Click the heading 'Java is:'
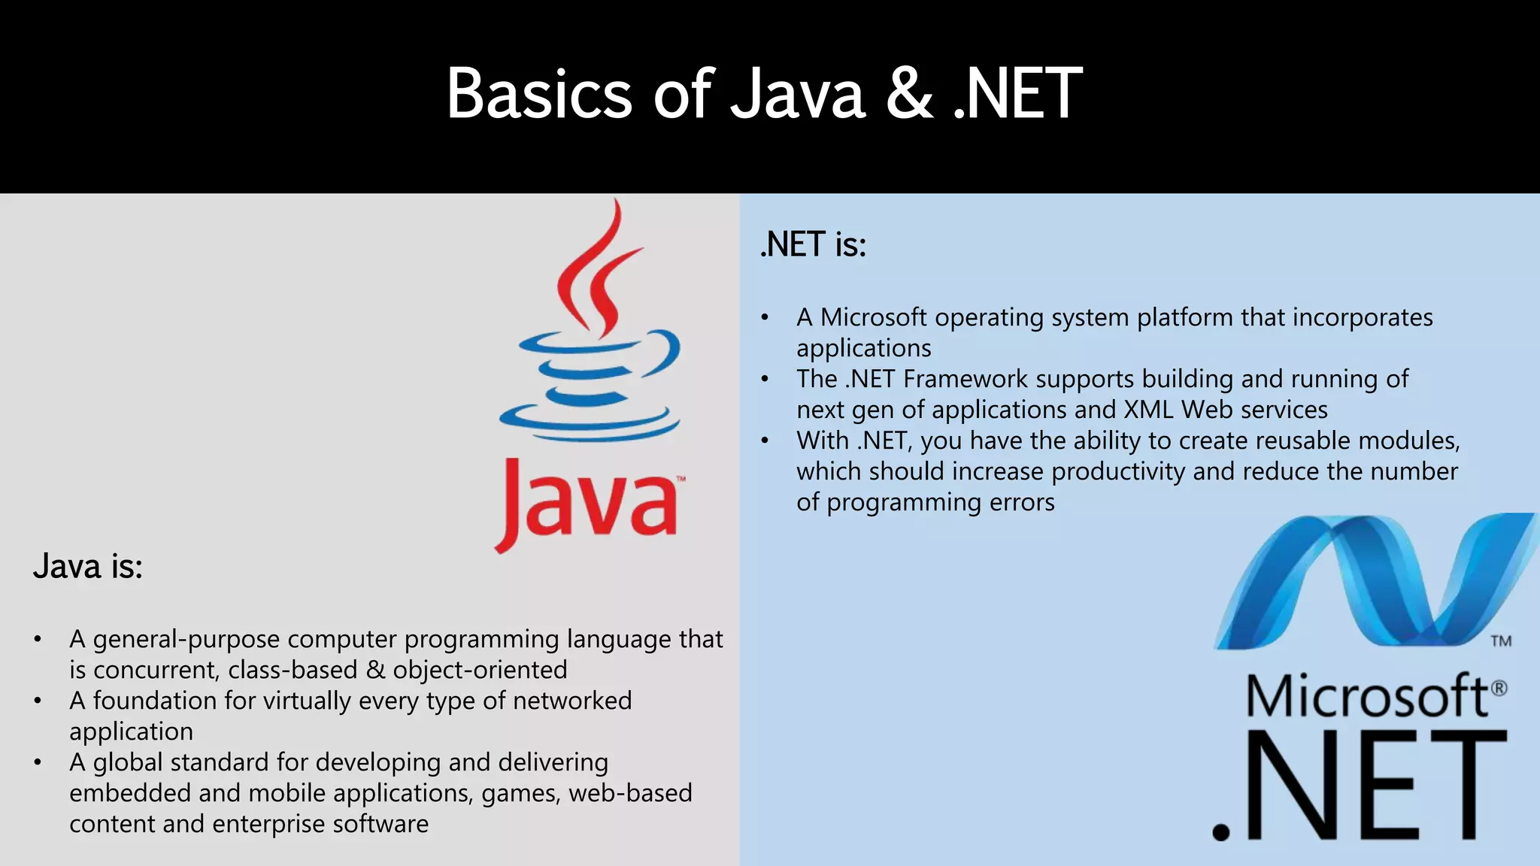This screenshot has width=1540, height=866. [88, 567]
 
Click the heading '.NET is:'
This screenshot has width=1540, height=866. [814, 245]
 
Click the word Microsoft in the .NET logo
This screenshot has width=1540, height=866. [1367, 696]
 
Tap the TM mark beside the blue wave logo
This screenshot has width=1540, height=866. [1501, 641]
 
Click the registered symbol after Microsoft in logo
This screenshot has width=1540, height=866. [1499, 688]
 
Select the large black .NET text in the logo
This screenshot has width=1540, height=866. [1360, 786]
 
